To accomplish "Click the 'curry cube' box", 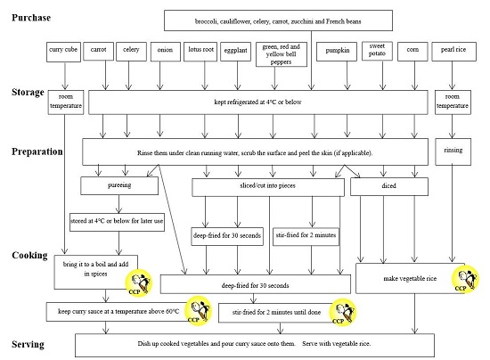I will (x=63, y=53).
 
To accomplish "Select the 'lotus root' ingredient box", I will (x=202, y=53).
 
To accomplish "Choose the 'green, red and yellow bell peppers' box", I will (x=282, y=53).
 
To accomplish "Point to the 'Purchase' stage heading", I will (x=31, y=18).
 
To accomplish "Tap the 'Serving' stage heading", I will (x=29, y=343).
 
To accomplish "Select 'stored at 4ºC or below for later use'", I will (x=117, y=218).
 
